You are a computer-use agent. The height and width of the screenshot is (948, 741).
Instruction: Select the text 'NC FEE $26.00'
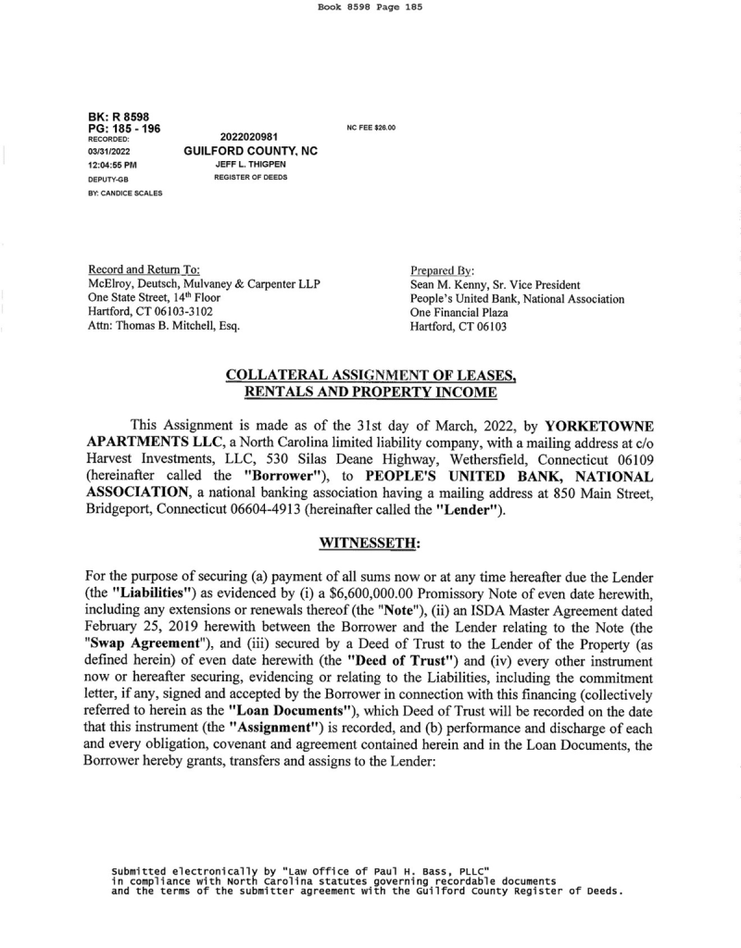point(371,128)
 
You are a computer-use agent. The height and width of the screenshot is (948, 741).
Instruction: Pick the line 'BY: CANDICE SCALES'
point(125,193)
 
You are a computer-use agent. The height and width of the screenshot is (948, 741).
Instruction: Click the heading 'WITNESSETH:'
point(370,541)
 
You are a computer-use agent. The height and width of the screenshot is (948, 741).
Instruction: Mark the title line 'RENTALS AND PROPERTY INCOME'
point(370,393)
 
